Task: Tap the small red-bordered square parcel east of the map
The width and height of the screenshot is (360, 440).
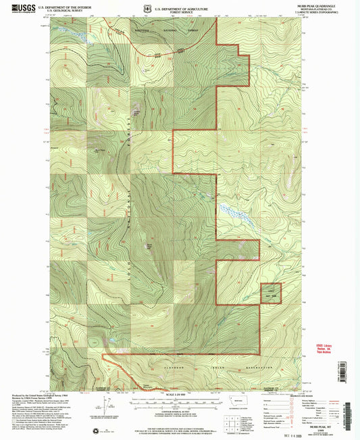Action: (272, 293)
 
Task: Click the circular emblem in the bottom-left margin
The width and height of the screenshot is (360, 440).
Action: (95, 431)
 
